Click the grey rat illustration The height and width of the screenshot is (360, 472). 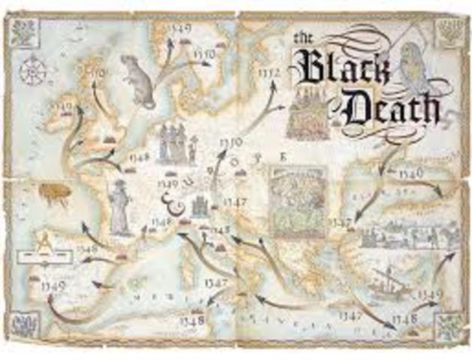pyautogui.click(x=138, y=79)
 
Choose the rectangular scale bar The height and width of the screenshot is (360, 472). pyautogui.click(x=37, y=255)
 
